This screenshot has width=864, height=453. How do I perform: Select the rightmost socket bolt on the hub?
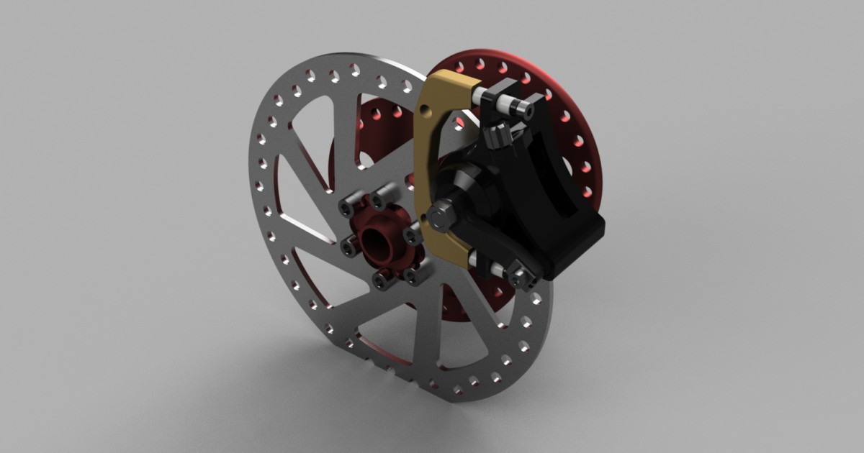click(413, 236)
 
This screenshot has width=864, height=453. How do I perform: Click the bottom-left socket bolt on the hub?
click(381, 278)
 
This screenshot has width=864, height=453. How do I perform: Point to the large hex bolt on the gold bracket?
click(440, 214)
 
